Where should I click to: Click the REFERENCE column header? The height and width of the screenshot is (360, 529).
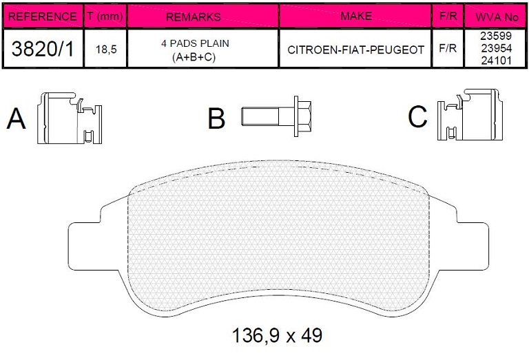click(x=41, y=16)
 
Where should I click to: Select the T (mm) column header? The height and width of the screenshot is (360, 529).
click(x=106, y=16)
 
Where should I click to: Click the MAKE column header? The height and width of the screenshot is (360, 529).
click(x=355, y=16)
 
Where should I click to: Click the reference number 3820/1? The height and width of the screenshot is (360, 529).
click(x=41, y=49)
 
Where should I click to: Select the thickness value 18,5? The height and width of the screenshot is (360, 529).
click(x=106, y=50)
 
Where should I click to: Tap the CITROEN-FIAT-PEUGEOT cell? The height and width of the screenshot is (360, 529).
click(x=355, y=50)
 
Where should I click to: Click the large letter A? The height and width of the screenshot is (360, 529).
click(x=17, y=118)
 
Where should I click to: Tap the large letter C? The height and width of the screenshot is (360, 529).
click(x=417, y=116)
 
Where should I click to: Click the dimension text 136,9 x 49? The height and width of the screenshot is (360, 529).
click(x=278, y=335)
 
